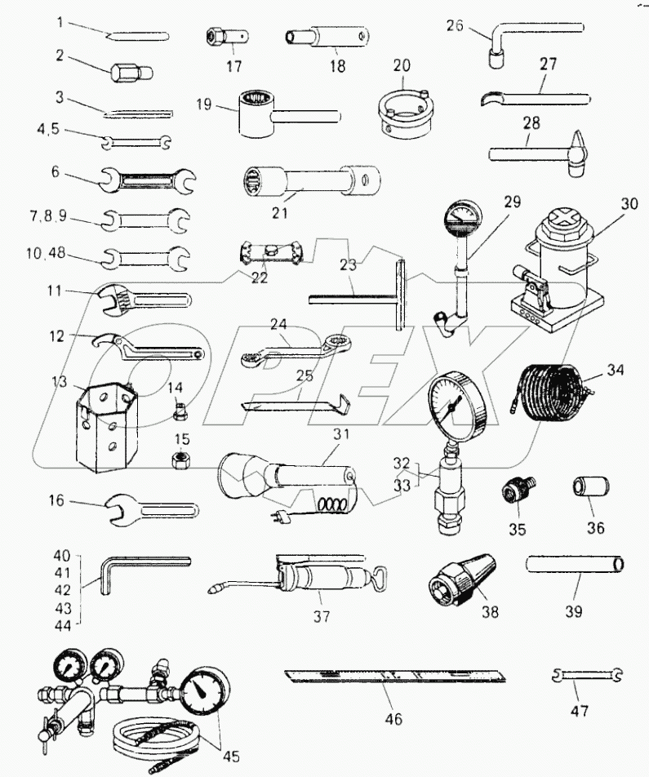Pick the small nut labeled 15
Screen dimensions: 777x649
(180, 461)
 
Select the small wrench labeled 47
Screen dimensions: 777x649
(586, 674)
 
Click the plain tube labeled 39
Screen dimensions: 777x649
(576, 563)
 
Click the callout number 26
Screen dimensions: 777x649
(455, 25)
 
